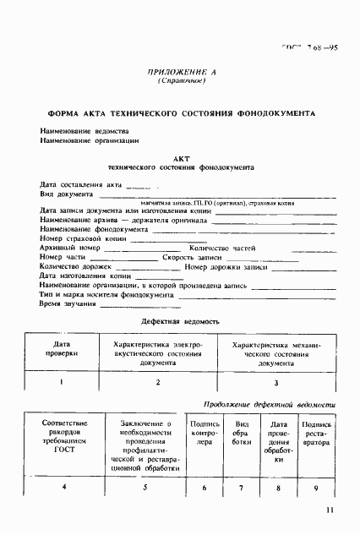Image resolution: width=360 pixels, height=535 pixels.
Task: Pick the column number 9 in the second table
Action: (x=316, y=488)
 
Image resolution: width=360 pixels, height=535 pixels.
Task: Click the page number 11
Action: (x=329, y=510)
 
